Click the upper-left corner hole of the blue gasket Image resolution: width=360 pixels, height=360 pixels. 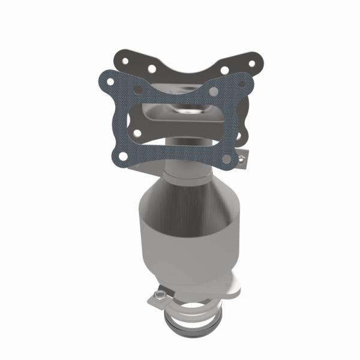point(110,80)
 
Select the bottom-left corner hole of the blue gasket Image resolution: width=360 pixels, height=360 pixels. point(123,156)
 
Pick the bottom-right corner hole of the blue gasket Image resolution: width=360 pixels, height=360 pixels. point(227,158)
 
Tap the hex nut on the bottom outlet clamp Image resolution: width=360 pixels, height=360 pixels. point(159,295)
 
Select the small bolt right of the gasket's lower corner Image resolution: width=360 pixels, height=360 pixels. point(241,159)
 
